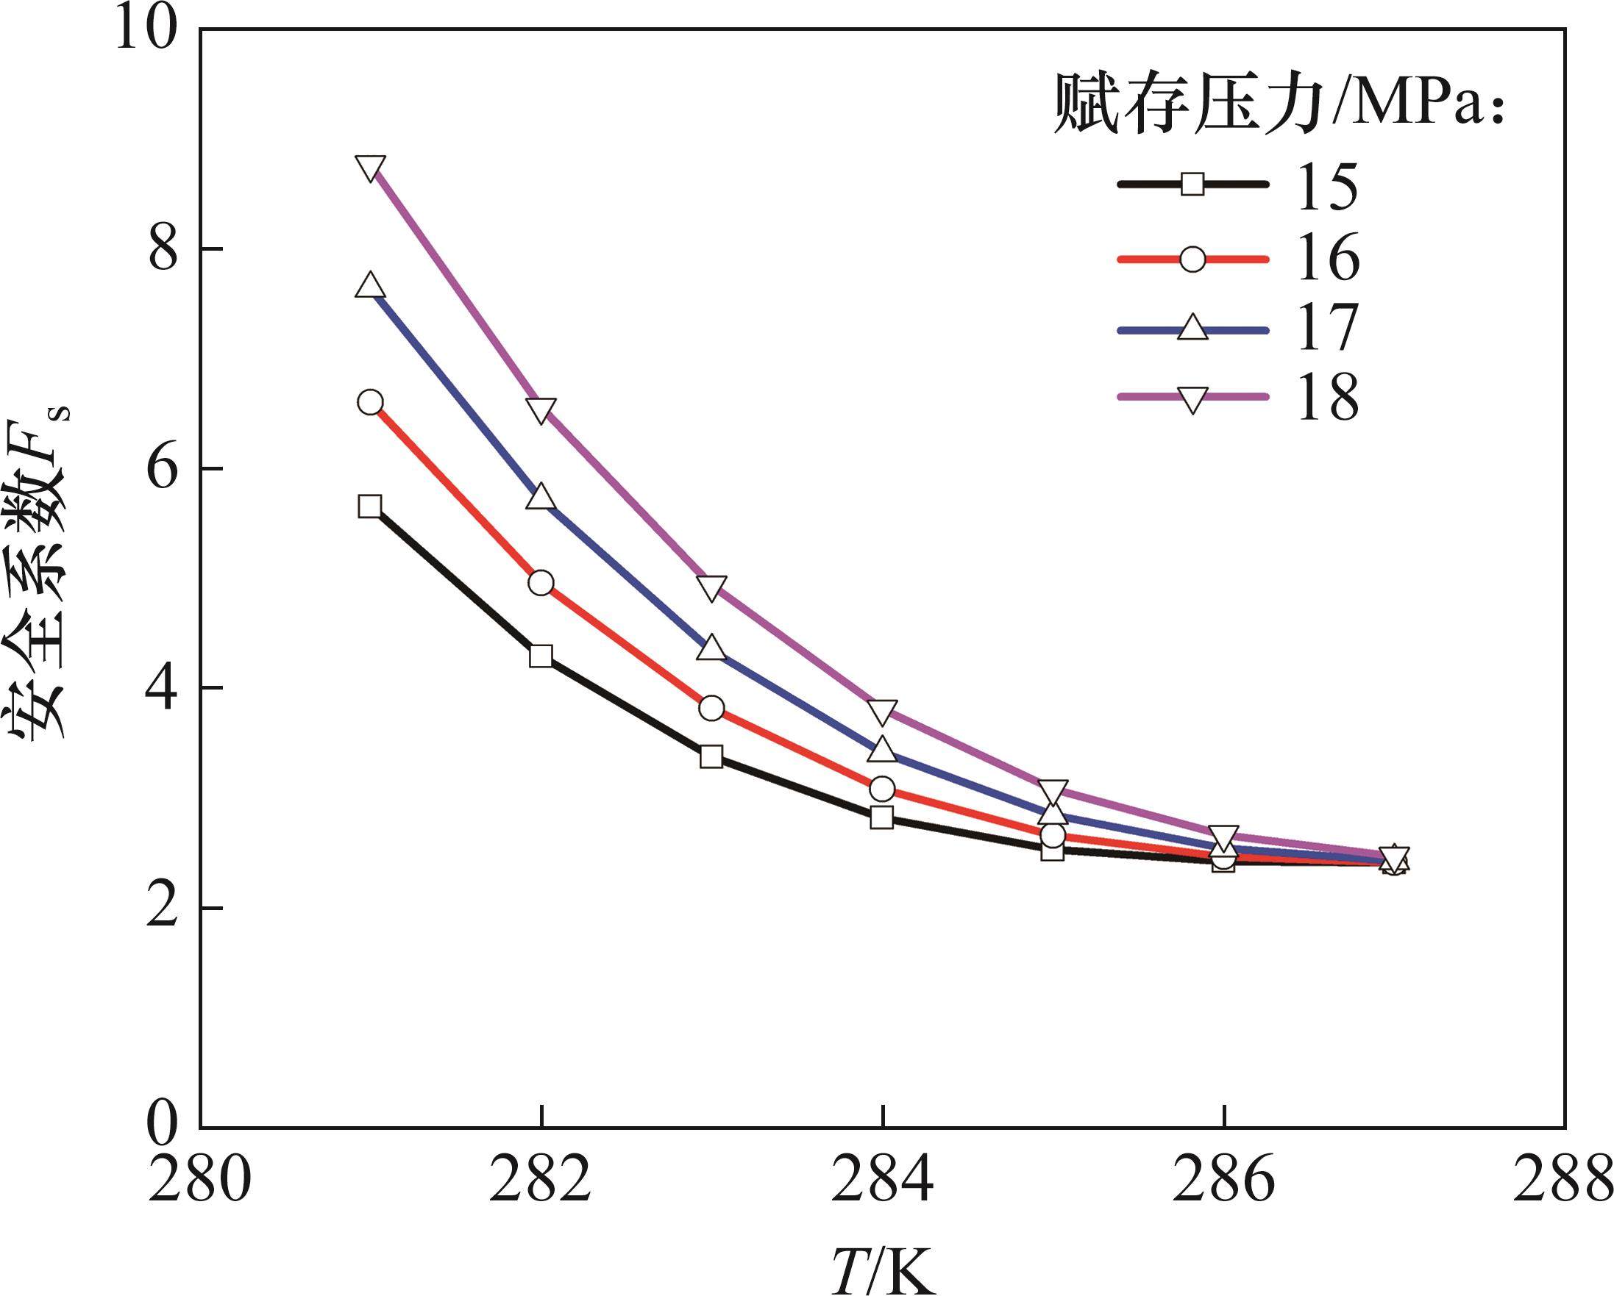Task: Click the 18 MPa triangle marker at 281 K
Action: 371,168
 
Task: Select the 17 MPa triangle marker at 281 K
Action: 370,287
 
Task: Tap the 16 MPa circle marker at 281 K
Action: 370,402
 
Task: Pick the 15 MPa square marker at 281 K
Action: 370,506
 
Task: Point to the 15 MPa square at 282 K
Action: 541,656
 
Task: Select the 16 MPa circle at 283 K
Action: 712,708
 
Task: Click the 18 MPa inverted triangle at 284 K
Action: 883,712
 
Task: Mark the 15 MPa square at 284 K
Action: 883,817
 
